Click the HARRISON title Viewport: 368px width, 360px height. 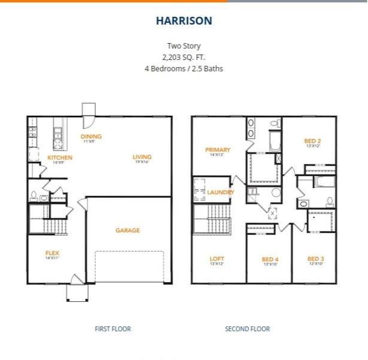click(184, 21)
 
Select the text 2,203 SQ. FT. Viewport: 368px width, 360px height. click(184, 57)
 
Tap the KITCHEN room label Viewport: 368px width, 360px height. click(59, 158)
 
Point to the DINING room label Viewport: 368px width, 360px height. click(91, 137)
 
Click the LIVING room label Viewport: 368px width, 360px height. click(142, 158)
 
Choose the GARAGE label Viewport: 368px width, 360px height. click(128, 230)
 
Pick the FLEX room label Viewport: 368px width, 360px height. click(52, 253)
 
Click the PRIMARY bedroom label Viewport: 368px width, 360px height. click(218, 150)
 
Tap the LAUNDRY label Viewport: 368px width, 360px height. click(219, 192)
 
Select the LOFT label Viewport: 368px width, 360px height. click(217, 259)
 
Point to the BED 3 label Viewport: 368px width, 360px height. click(315, 259)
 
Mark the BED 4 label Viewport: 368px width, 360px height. click(270, 260)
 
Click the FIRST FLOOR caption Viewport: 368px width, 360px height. click(113, 329)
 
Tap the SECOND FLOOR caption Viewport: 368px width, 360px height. click(247, 329)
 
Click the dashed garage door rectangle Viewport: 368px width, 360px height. click(129, 266)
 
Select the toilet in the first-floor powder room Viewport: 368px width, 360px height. click(34, 196)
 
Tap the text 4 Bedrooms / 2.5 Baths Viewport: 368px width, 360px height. click(184, 68)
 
